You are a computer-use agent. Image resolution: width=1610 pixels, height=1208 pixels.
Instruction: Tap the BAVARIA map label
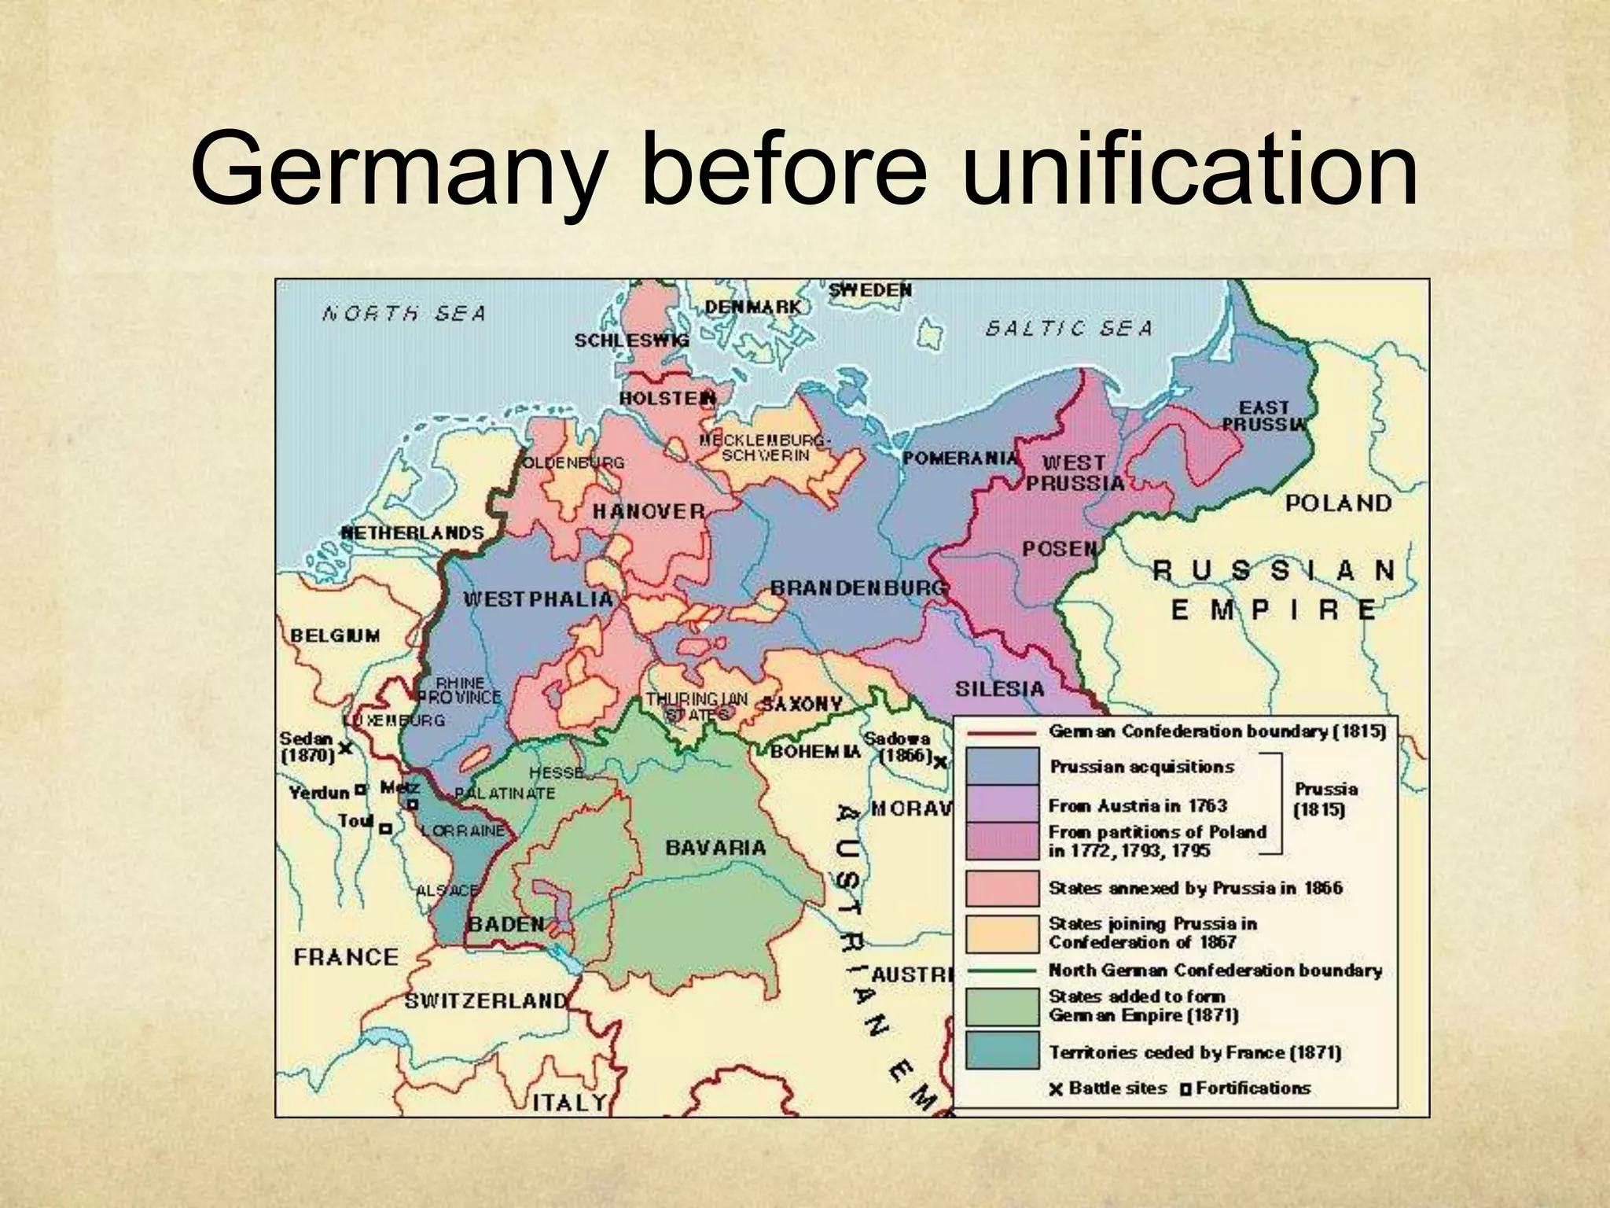pyautogui.click(x=715, y=848)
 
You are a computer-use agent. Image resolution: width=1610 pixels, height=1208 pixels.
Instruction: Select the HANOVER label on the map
pyautogui.click(x=649, y=511)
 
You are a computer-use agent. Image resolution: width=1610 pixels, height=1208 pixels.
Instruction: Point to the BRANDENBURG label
pyautogui.click(x=858, y=587)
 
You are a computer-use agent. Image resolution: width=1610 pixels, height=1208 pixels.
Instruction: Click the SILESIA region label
pyautogui.click(x=999, y=689)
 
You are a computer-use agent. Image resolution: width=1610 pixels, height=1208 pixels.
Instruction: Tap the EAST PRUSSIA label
pyautogui.click(x=1263, y=416)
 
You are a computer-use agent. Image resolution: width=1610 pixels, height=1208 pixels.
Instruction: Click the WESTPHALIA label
pyautogui.click(x=538, y=599)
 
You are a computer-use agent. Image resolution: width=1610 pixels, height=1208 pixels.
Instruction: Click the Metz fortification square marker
pyautogui.click(x=412, y=804)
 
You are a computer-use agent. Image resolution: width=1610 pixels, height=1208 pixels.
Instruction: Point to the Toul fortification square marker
pyautogui.click(x=385, y=828)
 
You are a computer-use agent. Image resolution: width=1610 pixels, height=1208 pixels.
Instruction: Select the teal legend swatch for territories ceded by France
pyautogui.click(x=1002, y=1051)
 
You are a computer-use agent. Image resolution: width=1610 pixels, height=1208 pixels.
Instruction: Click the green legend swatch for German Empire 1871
pyautogui.click(x=1002, y=1006)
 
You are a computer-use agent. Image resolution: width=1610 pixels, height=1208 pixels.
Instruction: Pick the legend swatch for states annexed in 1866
pyautogui.click(x=1002, y=887)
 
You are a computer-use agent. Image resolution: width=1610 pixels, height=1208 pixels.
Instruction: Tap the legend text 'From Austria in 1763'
pyautogui.click(x=1137, y=805)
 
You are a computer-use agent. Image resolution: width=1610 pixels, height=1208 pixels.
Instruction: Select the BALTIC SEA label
pyautogui.click(x=1068, y=328)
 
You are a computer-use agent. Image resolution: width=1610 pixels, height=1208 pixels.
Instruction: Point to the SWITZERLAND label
pyautogui.click(x=485, y=1001)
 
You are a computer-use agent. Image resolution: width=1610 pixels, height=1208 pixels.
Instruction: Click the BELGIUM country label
pyautogui.click(x=335, y=635)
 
